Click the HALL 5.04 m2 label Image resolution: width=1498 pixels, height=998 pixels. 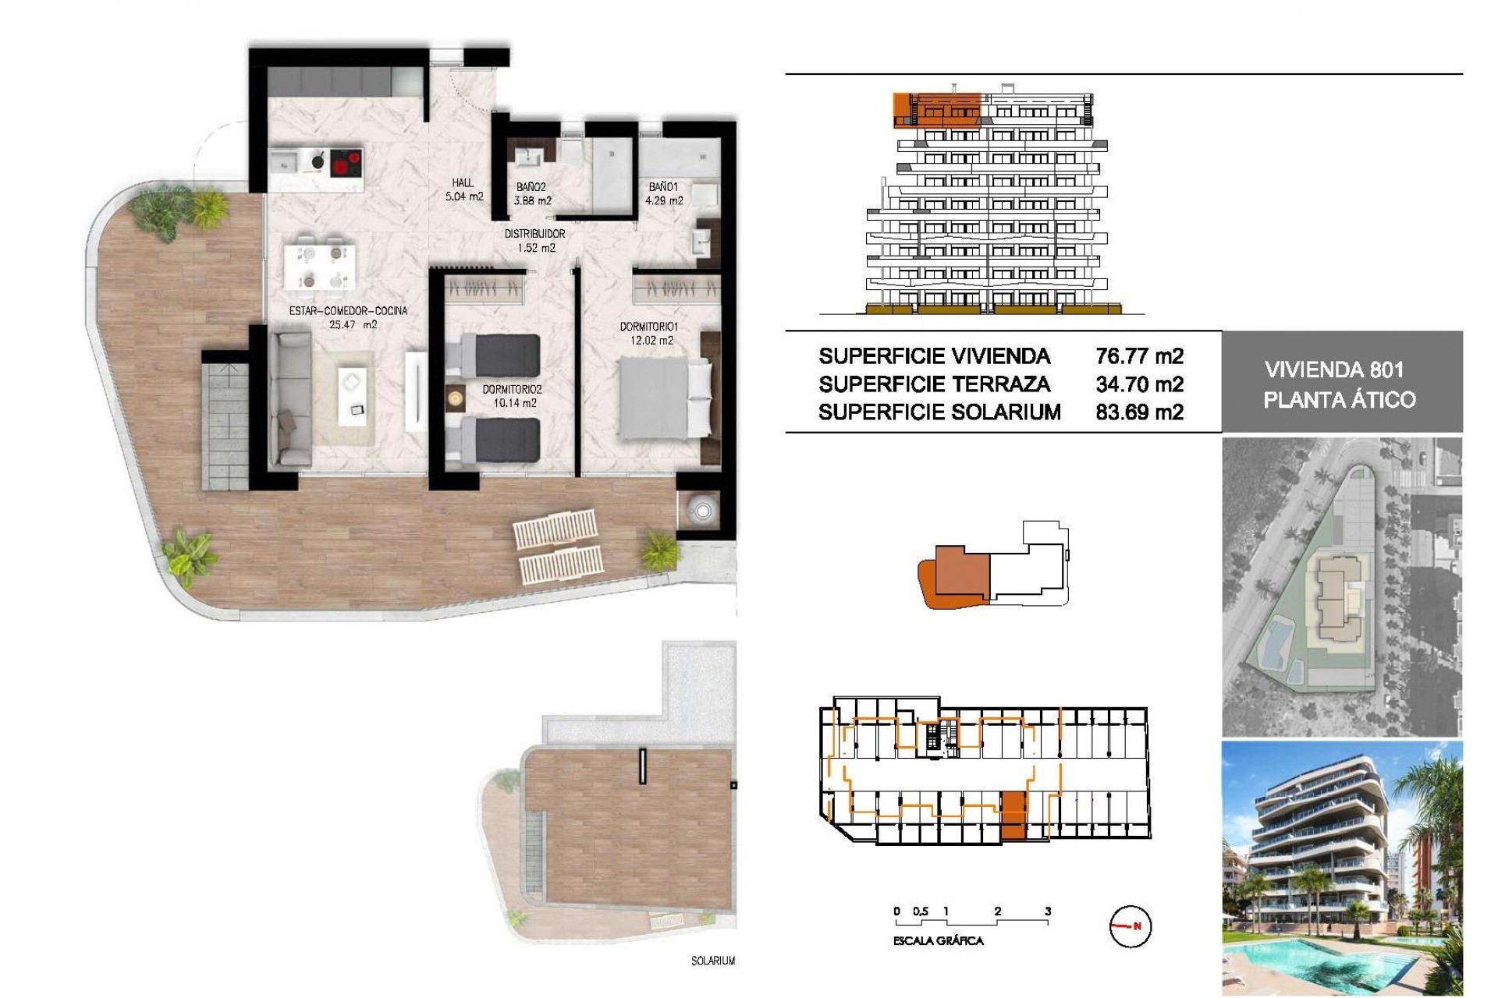[463, 190]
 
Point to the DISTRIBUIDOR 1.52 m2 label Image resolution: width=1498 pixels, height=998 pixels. [534, 241]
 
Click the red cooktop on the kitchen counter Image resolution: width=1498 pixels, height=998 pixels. [346, 164]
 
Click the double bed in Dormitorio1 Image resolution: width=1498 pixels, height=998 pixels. [664, 396]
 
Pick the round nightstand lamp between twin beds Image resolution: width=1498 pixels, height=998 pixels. [455, 398]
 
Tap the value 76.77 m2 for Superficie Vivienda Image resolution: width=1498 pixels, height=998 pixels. [1139, 356]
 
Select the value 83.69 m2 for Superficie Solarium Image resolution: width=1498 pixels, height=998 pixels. [1139, 412]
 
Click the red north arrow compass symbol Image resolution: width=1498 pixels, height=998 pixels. [1129, 926]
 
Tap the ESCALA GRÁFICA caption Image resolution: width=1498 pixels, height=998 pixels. [938, 941]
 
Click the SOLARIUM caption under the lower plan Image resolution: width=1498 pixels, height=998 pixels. [712, 961]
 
